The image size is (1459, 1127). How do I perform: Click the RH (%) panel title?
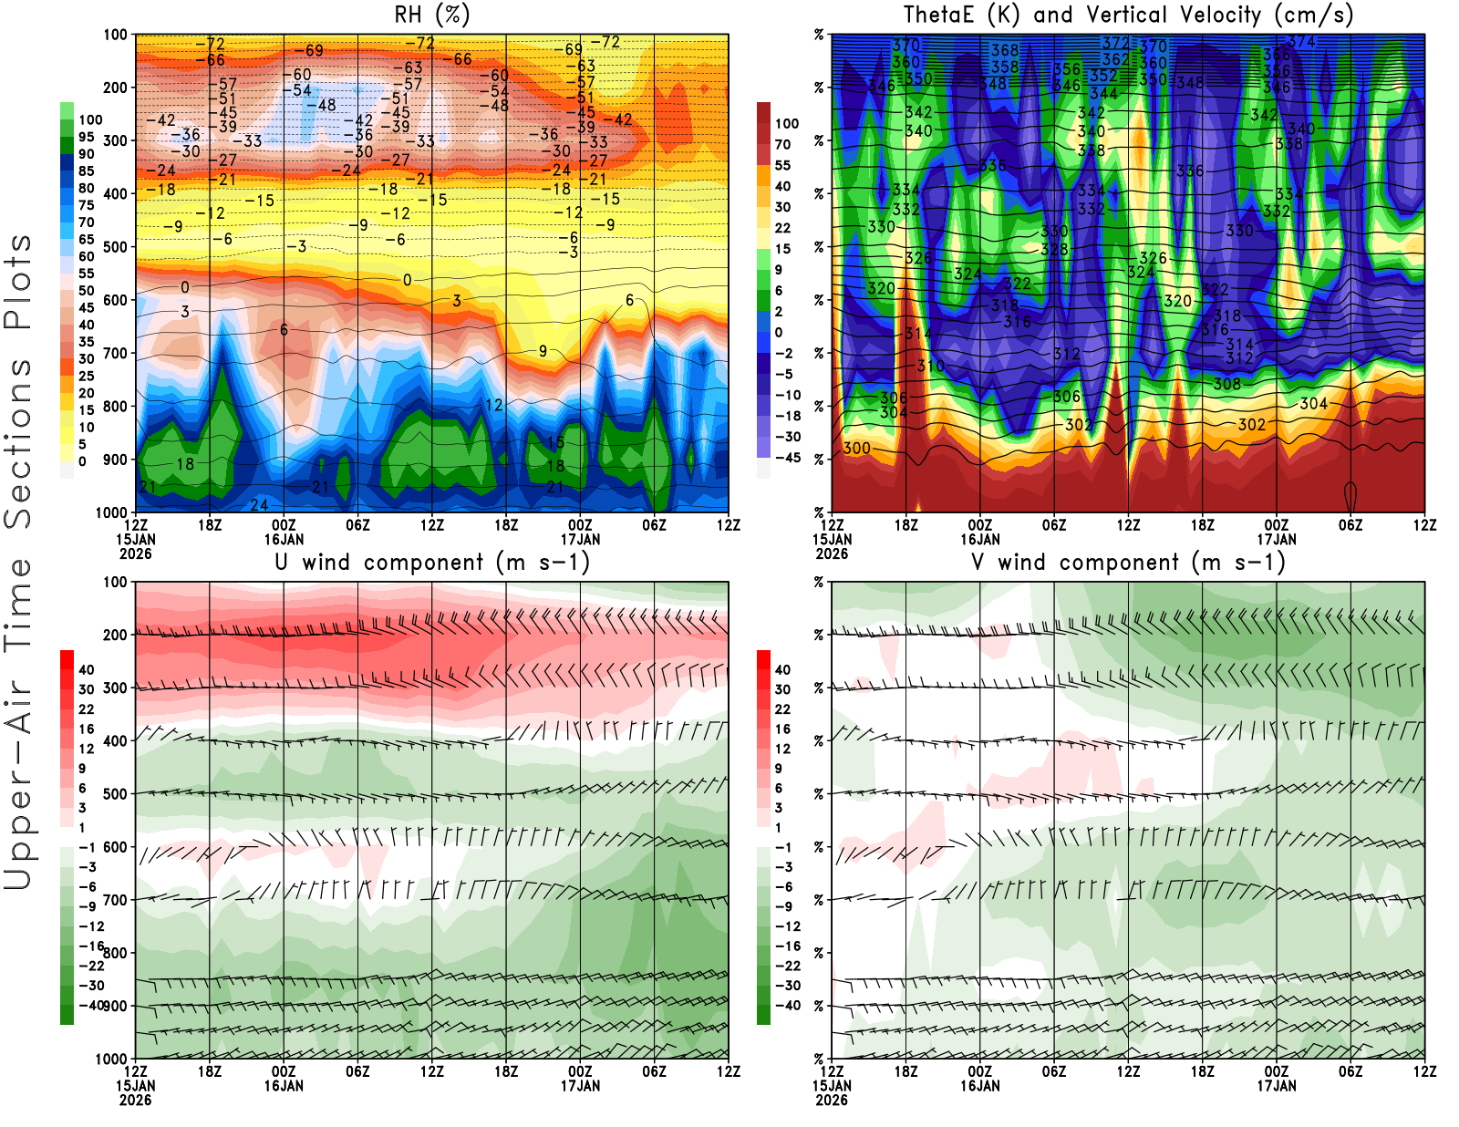click(432, 15)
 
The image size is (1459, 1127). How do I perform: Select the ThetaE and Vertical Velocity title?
click(1128, 15)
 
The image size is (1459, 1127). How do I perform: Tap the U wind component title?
click(432, 562)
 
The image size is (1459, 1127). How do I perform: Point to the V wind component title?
click(1128, 562)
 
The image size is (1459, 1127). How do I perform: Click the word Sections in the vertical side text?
click(18, 443)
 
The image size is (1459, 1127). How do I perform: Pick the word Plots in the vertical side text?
click(18, 283)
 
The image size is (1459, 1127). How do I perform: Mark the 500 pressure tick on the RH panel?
click(115, 247)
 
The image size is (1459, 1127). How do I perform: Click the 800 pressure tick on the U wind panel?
click(115, 953)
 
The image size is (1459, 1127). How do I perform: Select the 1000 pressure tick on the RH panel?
click(111, 512)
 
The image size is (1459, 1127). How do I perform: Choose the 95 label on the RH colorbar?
click(86, 137)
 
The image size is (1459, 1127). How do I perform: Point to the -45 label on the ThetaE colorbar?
click(787, 458)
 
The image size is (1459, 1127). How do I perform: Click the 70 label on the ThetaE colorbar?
click(782, 144)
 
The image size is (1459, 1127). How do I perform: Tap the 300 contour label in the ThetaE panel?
click(856, 449)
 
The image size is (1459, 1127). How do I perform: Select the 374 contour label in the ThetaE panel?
click(1301, 42)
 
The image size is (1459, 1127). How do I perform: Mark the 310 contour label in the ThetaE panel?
click(930, 366)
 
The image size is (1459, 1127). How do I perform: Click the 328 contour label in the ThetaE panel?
click(1054, 249)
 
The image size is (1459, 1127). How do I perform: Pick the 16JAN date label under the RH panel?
click(284, 539)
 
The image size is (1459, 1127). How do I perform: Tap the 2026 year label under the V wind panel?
click(832, 1100)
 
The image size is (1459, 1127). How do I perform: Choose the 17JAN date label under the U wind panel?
click(580, 1086)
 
